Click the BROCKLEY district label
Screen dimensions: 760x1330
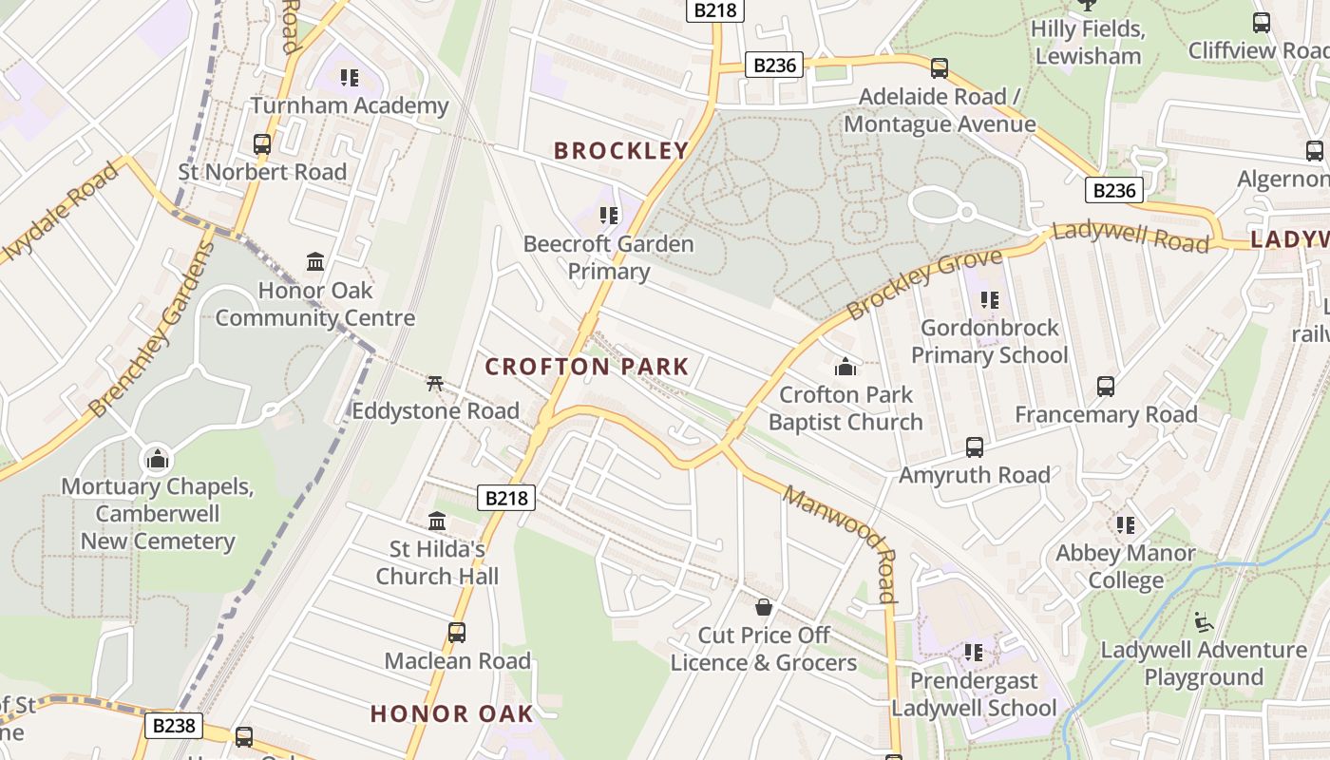(x=621, y=150)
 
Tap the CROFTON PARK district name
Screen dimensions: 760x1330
(x=586, y=367)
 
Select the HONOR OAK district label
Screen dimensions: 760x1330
(x=451, y=713)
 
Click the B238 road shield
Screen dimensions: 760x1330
(x=175, y=726)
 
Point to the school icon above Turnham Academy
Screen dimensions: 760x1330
(x=350, y=78)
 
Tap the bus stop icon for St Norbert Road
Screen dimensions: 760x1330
(x=262, y=144)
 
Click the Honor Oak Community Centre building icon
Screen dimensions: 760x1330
(x=315, y=261)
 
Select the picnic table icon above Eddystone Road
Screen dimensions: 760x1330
(x=435, y=383)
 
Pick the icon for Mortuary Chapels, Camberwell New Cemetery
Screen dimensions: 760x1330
(x=158, y=460)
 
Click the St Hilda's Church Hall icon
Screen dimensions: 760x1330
(x=437, y=522)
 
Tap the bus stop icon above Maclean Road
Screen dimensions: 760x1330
(x=457, y=633)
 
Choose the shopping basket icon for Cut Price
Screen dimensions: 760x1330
(x=764, y=607)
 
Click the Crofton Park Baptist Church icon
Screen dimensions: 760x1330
(x=845, y=367)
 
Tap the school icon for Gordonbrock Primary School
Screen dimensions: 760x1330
(x=990, y=300)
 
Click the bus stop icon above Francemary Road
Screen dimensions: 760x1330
(x=1106, y=387)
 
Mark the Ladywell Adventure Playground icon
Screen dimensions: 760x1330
(x=1203, y=622)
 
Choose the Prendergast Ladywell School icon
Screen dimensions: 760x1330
(x=974, y=653)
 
